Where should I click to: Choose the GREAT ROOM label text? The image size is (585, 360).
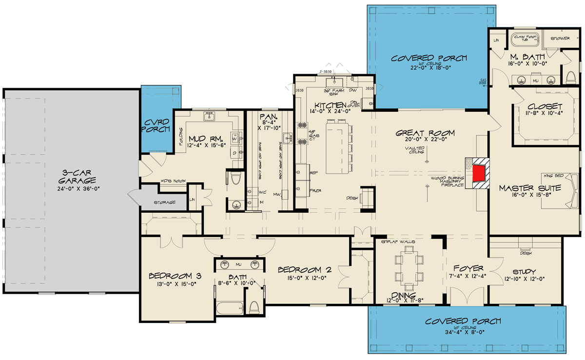click(425, 133)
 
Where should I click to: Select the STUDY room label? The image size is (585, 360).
click(525, 272)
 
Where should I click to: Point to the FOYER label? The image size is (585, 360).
click(468, 268)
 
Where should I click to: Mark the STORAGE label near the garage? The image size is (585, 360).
click(165, 202)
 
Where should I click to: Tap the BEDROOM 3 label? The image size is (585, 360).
click(175, 276)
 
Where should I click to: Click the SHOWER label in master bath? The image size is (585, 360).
click(561, 38)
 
